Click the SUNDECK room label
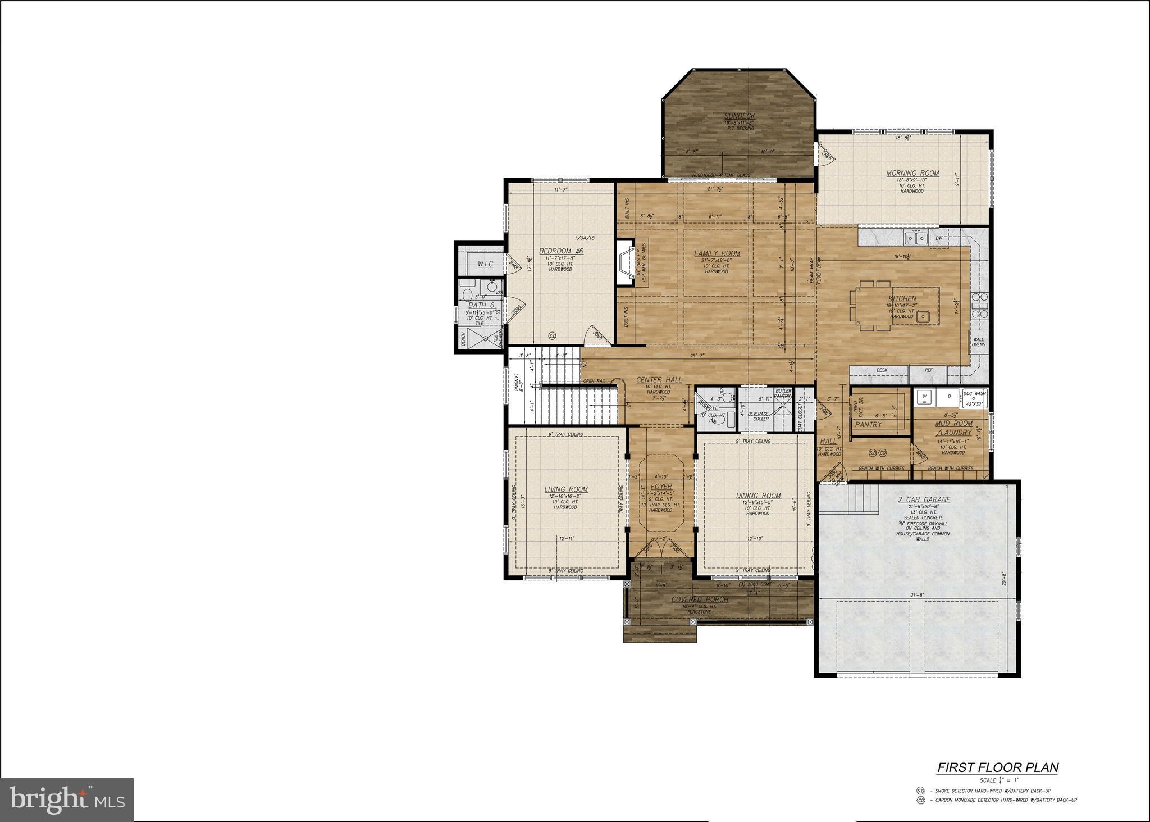click(739, 116)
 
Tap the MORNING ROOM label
click(912, 173)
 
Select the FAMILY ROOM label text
click(717, 253)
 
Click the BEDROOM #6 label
click(561, 251)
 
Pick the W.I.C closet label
click(485, 264)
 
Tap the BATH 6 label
click(481, 305)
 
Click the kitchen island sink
click(921, 317)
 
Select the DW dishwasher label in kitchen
click(939, 238)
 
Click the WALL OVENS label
click(978, 342)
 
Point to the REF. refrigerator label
click(929, 370)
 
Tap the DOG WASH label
click(974, 393)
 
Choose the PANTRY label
click(868, 425)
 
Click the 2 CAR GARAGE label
click(924, 499)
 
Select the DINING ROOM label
click(758, 496)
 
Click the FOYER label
click(661, 487)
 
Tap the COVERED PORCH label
click(700, 600)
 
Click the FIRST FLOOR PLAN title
click(998, 767)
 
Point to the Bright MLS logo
click(67, 800)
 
